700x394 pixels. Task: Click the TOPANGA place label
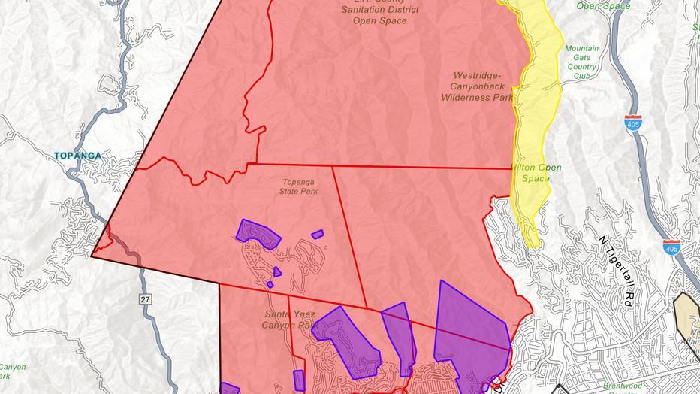[x=77, y=156]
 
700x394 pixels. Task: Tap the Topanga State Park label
[x=300, y=186]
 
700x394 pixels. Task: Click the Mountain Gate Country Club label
[x=582, y=62]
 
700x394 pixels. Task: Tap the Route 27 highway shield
[x=145, y=299]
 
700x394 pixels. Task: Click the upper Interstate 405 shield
[x=635, y=124]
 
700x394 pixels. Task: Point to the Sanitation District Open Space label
[x=380, y=11]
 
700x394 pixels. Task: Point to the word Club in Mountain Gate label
[x=582, y=76]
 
